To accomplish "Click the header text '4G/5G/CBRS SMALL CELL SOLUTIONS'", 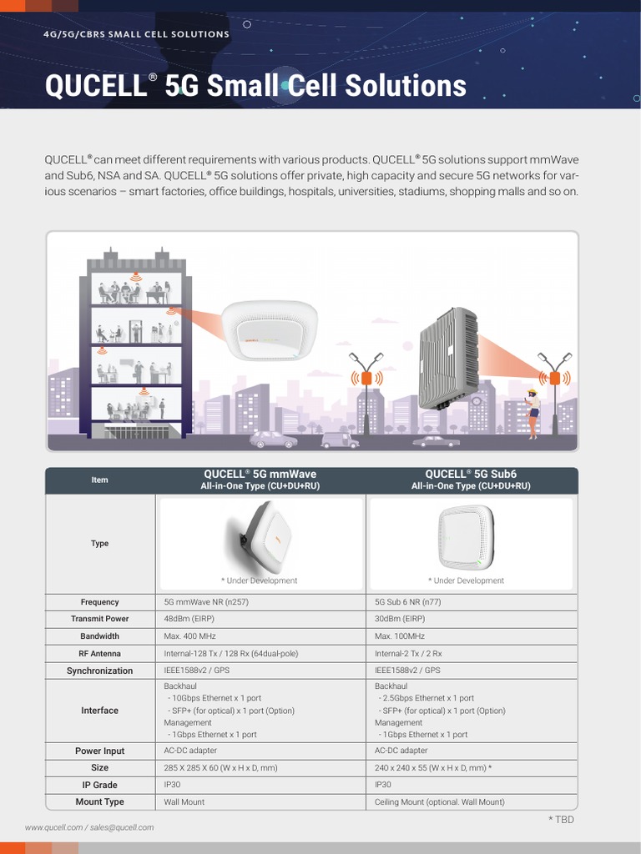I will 137,34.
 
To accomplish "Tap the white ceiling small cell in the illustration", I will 263,329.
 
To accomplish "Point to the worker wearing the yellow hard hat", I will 532,413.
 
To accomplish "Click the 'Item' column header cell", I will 99,480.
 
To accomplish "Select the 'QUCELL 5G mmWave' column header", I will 260,480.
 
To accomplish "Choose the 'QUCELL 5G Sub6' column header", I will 471,480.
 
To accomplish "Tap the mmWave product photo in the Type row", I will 259,535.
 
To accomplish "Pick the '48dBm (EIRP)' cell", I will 189,619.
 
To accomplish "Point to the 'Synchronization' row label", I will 99,671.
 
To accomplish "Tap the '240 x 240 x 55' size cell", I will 432,767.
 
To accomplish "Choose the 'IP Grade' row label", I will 99,785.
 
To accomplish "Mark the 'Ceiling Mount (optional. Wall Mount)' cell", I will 439,801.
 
